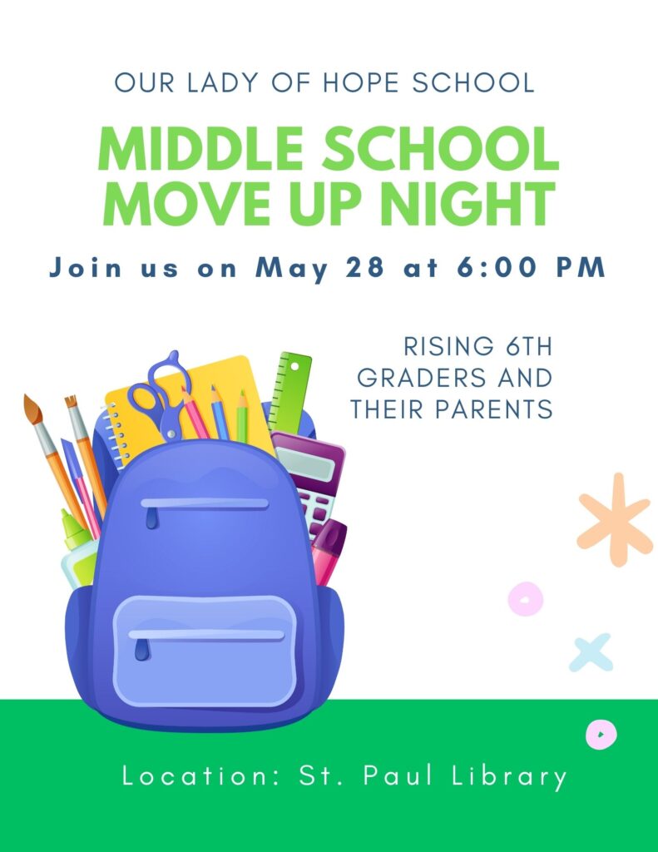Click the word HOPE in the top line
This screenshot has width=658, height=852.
coord(362,82)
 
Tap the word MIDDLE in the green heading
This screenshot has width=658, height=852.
coord(201,149)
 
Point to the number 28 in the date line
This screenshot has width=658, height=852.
coord(364,267)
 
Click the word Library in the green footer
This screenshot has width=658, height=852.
coord(509,776)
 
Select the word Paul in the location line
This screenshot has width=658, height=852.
coord(398,775)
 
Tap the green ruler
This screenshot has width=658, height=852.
coord(289,393)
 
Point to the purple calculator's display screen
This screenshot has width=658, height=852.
coord(306,463)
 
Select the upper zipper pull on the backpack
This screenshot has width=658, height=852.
coord(151,519)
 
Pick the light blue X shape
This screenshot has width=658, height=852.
coord(591,652)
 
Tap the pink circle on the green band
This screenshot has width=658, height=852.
coord(601,734)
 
